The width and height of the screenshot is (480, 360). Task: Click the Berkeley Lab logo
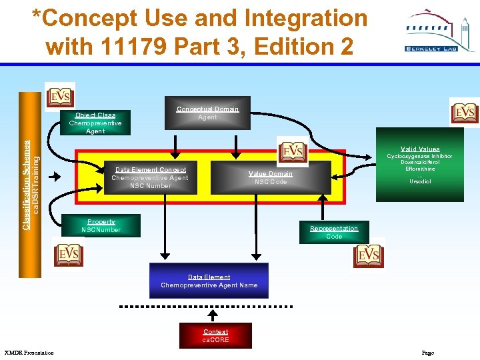pos(439,31)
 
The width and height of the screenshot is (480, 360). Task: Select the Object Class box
pos(95,123)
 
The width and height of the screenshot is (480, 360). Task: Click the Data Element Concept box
pos(150,178)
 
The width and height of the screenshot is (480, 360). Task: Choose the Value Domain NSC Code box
pos(270,178)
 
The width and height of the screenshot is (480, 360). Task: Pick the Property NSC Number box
pos(101,226)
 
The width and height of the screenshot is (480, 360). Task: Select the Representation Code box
pos(334,232)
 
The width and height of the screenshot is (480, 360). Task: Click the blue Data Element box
pos(209,281)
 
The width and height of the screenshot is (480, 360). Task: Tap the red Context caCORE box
pos(215,335)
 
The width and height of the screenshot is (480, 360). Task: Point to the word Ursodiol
pos(420,181)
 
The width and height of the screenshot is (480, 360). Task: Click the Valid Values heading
pos(420,149)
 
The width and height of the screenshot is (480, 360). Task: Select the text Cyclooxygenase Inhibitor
pos(420,157)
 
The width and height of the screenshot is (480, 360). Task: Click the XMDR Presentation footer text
pos(29,352)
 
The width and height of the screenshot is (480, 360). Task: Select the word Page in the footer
pos(427,352)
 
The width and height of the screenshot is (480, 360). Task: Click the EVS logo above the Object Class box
pos(60,97)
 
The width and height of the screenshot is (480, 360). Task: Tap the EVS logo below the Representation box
pos(369,255)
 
